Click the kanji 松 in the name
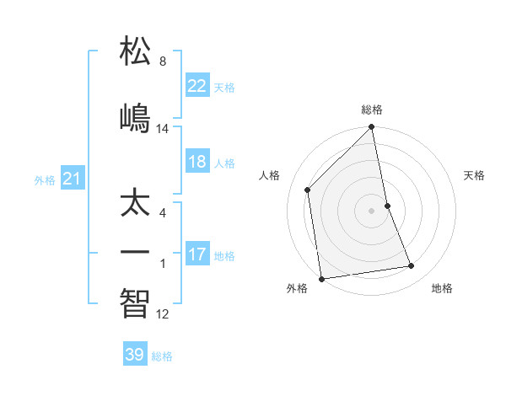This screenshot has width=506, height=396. tap(135, 51)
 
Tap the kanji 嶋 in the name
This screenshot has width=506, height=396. tap(135, 117)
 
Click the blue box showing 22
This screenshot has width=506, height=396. tap(196, 86)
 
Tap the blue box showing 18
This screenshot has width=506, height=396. tap(196, 163)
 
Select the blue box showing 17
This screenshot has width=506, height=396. tap(196, 254)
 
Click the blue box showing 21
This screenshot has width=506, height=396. tap(72, 179)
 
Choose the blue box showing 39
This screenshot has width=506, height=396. tap(135, 355)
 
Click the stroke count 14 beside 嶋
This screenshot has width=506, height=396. tap(163, 129)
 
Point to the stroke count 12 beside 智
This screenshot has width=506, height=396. tap(163, 314)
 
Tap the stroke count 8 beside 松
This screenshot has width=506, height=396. tap(163, 62)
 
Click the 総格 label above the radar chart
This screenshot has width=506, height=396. tap(372, 110)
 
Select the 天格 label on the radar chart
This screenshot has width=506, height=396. tap(475, 175)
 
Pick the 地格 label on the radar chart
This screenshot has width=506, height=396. tap(442, 289)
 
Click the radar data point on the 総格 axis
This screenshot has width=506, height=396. tap(372, 128)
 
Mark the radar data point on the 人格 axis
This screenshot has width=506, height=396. tap(307, 190)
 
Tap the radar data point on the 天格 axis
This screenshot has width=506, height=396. tap(387, 206)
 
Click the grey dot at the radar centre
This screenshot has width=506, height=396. tap(372, 211)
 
